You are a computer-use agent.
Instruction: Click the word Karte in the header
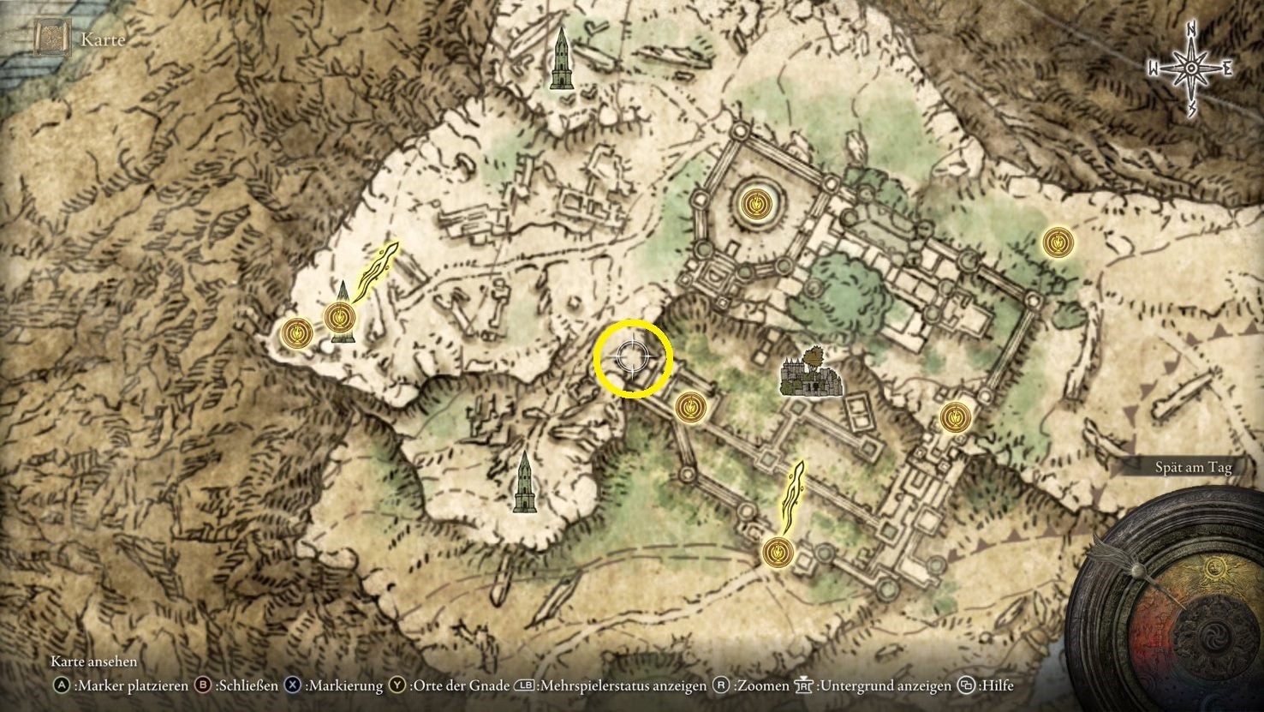[x=103, y=39]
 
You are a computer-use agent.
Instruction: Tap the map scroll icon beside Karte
[x=52, y=39]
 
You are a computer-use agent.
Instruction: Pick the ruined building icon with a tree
[x=810, y=373]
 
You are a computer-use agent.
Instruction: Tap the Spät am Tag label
[x=1192, y=467]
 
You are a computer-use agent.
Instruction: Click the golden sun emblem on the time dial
[x=1213, y=569]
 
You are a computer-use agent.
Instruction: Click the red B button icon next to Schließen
[x=204, y=685]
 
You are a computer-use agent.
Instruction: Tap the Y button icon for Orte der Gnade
[x=397, y=685]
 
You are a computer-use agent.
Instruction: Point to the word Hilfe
[x=997, y=685]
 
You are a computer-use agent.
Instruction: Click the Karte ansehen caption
[x=93, y=661]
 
